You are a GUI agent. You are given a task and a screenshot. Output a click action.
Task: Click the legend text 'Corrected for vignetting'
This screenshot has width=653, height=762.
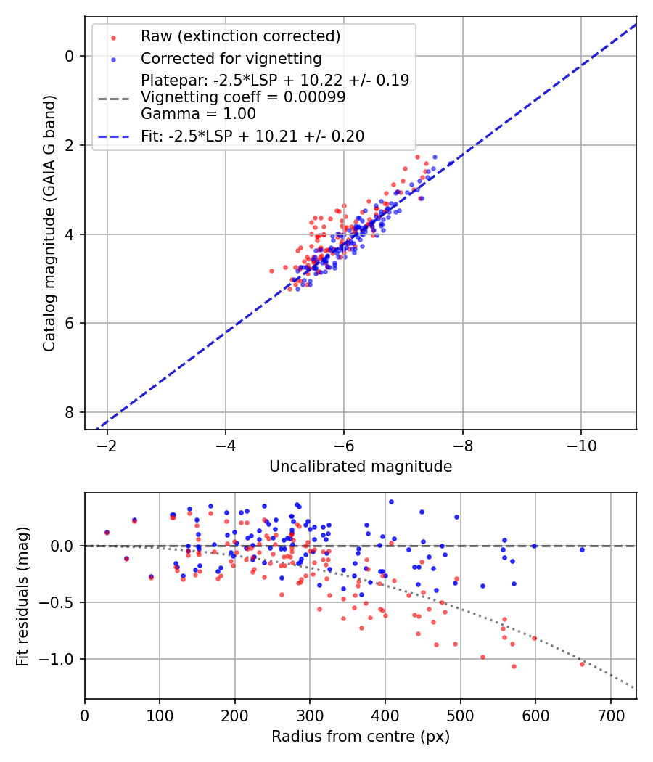[x=231, y=58]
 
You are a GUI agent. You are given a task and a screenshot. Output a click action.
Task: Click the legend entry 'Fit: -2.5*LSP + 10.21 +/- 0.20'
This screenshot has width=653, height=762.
[x=252, y=136]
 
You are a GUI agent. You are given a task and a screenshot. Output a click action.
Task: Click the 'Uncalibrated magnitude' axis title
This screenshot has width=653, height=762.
[x=361, y=467]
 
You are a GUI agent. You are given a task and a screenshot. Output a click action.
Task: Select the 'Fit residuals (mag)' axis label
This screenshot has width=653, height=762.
[x=22, y=596]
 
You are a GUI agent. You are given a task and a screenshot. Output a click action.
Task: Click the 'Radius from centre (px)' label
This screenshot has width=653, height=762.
[x=361, y=737]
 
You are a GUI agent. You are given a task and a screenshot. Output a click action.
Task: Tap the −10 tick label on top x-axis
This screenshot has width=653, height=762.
[x=580, y=444]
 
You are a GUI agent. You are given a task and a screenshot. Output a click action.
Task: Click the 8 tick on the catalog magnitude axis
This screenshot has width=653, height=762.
[x=70, y=412]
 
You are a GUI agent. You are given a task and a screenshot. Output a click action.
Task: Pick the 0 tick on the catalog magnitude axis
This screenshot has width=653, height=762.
[x=70, y=56]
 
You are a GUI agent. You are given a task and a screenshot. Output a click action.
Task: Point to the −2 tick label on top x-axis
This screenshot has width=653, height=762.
[x=107, y=444]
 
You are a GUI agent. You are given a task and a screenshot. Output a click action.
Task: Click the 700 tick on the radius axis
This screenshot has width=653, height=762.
[x=610, y=714]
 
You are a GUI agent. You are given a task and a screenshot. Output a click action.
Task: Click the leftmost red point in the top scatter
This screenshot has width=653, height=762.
[x=271, y=271]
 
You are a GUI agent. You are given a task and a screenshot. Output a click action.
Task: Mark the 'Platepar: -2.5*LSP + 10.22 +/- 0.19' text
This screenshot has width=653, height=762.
[x=275, y=81]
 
